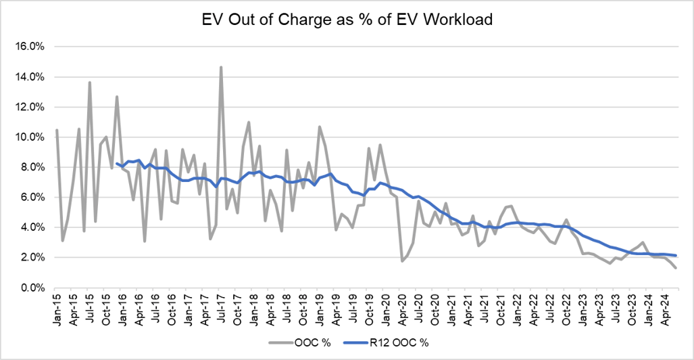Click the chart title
(x=347, y=19)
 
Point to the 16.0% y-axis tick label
(x=29, y=47)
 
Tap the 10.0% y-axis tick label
(x=29, y=137)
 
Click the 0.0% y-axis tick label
(x=31, y=288)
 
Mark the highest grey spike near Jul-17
(x=221, y=68)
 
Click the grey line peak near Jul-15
(x=90, y=82)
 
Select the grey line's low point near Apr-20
(x=402, y=260)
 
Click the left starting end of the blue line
(x=117, y=163)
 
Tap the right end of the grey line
(x=675, y=268)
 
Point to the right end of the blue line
(x=675, y=256)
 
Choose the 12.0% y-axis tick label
(x=29, y=107)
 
